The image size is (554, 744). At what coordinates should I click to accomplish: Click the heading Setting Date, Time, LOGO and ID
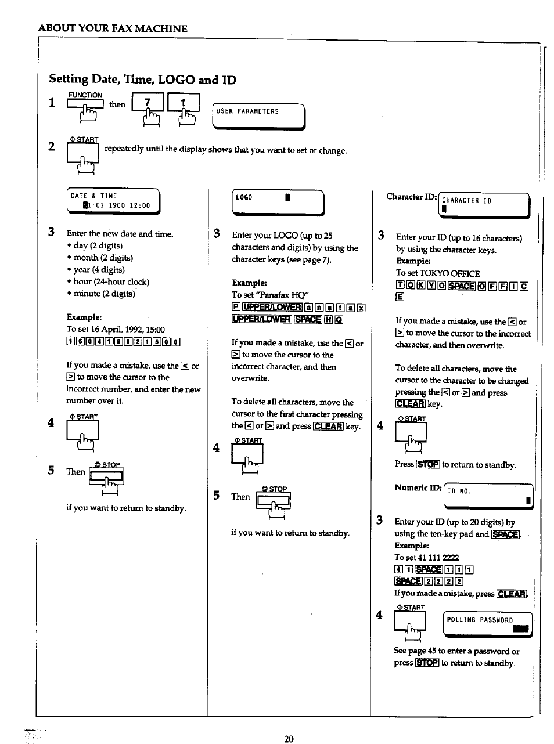[x=142, y=80]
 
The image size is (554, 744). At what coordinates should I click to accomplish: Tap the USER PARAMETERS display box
[x=258, y=115]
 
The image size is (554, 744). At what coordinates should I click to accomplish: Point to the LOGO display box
[x=277, y=202]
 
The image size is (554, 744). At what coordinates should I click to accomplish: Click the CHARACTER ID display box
[x=484, y=205]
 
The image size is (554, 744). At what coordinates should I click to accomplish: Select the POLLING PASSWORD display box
[x=488, y=624]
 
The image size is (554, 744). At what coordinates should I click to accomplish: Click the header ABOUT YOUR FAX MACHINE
[x=113, y=28]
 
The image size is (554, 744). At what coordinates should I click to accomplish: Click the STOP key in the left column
[x=107, y=477]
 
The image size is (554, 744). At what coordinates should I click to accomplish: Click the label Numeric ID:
[x=418, y=488]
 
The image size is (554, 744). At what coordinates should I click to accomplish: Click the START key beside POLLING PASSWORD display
[x=410, y=623]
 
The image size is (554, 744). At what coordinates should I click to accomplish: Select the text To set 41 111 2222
[x=426, y=557]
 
